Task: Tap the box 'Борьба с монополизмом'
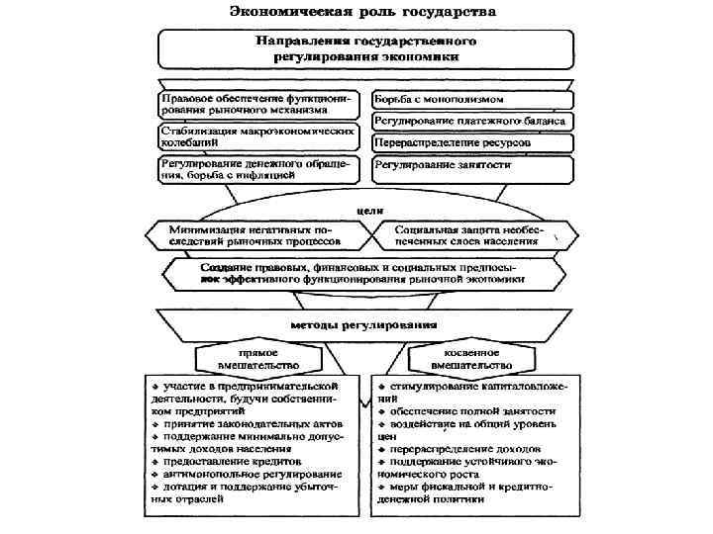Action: tap(471, 100)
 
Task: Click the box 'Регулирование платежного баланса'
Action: tap(471, 121)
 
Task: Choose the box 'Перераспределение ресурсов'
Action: tap(471, 142)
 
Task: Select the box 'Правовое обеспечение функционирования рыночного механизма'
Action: tap(260, 105)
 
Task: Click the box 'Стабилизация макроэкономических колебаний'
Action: tap(260, 136)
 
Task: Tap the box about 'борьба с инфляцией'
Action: tap(260, 169)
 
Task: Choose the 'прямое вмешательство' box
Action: tap(257, 358)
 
